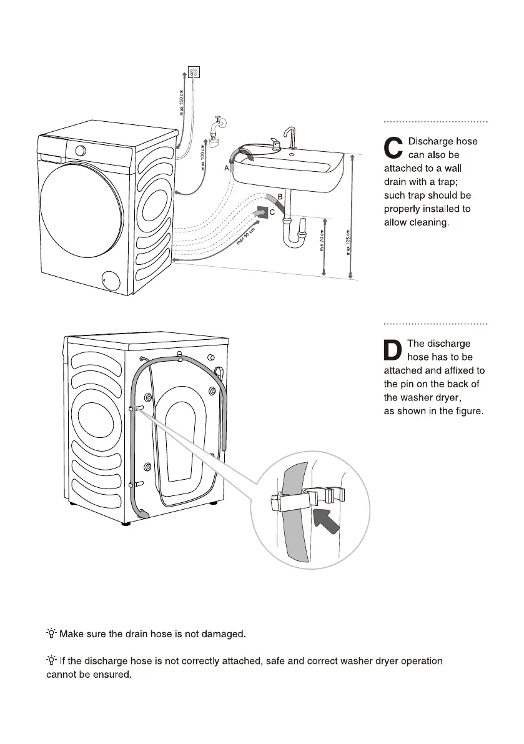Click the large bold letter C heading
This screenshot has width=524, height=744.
click(393, 149)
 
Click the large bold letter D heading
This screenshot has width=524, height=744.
click(393, 351)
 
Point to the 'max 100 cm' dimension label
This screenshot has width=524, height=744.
click(202, 157)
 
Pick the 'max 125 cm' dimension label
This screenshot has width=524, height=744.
click(348, 244)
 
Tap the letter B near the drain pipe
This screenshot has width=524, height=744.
click(280, 197)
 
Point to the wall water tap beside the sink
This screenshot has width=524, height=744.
click(217, 131)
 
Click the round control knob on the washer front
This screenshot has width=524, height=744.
click(81, 150)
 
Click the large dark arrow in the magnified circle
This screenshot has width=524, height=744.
click(326, 520)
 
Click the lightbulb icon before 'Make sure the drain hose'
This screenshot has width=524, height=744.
click(51, 634)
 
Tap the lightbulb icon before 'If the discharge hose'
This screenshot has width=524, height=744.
click(51, 660)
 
